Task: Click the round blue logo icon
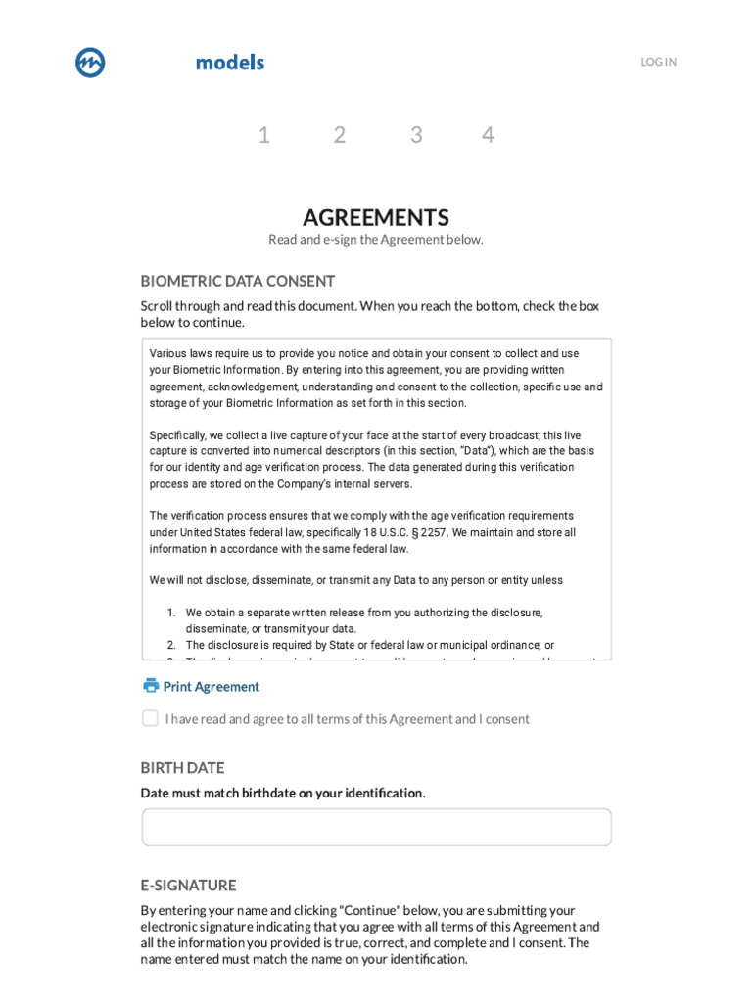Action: (x=90, y=63)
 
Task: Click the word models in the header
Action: (x=230, y=63)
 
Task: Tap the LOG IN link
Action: (x=658, y=62)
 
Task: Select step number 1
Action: (x=264, y=135)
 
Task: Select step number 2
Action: (x=340, y=135)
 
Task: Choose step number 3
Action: (x=416, y=135)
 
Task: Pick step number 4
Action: (x=488, y=135)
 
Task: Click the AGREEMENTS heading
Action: (x=376, y=217)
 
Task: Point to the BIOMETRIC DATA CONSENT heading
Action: (x=238, y=281)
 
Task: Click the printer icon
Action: (x=151, y=686)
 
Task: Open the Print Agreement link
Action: (x=211, y=687)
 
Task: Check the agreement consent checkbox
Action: (x=150, y=718)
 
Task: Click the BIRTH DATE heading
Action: (x=182, y=768)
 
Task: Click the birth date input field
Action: (x=376, y=827)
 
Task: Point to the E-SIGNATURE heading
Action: (x=188, y=886)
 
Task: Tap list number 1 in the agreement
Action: (x=170, y=613)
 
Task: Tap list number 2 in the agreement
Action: (x=170, y=646)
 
